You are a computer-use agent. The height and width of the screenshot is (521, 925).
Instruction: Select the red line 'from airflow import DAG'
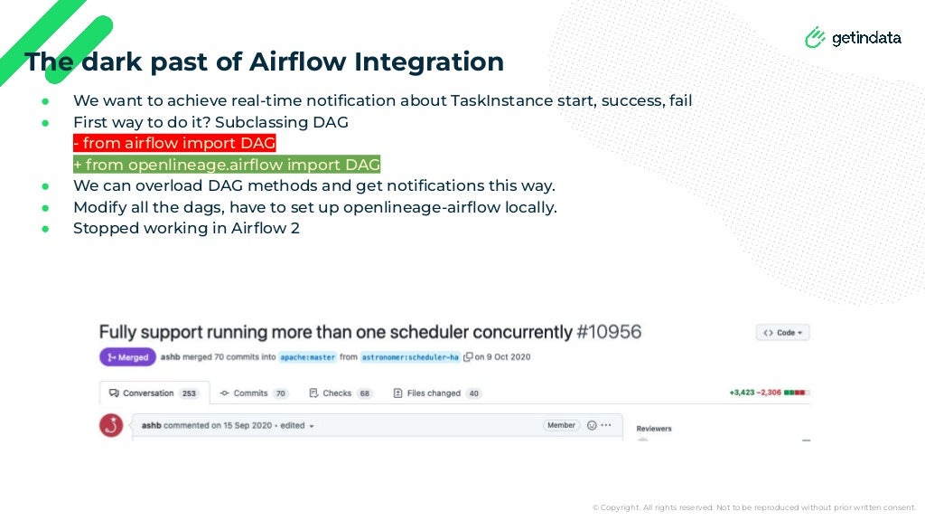click(174, 143)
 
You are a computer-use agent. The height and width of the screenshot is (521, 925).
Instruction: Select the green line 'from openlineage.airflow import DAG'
click(227, 165)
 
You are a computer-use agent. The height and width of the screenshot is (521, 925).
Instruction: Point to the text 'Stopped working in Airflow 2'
click(186, 228)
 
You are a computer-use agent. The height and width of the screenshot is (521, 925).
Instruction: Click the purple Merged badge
click(127, 357)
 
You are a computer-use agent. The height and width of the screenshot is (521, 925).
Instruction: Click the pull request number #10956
click(609, 332)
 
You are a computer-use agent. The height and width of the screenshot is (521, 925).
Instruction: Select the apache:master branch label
click(307, 357)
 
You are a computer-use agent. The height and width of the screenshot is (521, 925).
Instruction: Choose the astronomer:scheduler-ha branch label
click(410, 357)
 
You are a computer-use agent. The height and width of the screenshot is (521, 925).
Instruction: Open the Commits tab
click(254, 393)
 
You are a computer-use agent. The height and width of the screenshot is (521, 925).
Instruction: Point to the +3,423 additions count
click(743, 393)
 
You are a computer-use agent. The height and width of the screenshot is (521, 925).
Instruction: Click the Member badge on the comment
click(561, 425)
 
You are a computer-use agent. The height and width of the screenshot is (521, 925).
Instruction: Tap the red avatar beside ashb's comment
click(111, 425)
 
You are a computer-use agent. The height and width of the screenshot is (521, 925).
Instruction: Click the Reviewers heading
click(654, 429)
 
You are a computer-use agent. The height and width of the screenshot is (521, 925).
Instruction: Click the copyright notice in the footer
click(753, 507)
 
